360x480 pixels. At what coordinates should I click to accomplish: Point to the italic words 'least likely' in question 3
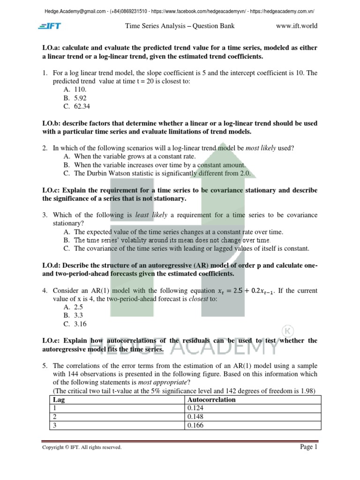click(151, 215)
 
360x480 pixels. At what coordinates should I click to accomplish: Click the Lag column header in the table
click(59, 400)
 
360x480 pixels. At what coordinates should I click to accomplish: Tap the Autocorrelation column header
click(211, 400)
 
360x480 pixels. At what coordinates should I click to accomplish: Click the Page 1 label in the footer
click(308, 447)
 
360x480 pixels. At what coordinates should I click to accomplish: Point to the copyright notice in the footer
click(82, 448)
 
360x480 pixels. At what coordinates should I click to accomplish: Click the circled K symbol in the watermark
click(285, 330)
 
